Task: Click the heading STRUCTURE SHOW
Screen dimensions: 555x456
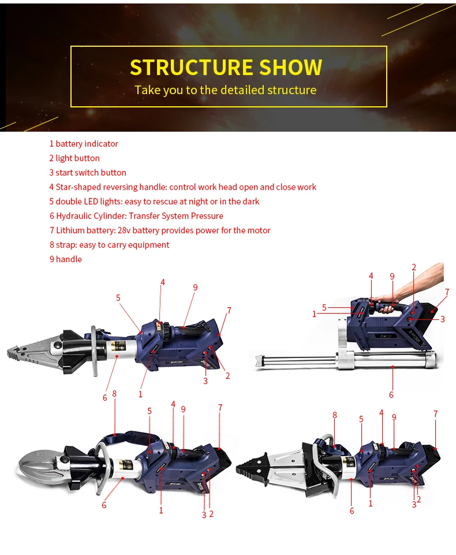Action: tap(226, 67)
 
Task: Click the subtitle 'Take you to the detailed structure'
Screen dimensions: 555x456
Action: tap(226, 90)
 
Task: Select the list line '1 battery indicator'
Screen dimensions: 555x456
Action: tap(84, 144)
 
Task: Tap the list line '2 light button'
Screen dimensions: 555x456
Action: tap(74, 158)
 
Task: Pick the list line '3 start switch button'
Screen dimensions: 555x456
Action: tap(88, 173)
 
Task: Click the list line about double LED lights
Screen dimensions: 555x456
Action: tap(154, 202)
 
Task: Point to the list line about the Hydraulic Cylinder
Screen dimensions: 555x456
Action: tap(136, 216)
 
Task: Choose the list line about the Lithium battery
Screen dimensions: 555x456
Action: tap(160, 230)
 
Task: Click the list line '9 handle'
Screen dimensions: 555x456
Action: tap(66, 259)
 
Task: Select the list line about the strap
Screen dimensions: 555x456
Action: tap(109, 245)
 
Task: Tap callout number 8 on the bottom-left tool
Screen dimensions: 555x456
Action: tap(115, 394)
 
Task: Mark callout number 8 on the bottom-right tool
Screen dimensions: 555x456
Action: tap(335, 415)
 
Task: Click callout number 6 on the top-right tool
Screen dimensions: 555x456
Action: tap(391, 394)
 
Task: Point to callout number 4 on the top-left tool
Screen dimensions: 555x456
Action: tap(163, 282)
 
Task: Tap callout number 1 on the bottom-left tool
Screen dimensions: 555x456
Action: tap(161, 510)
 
